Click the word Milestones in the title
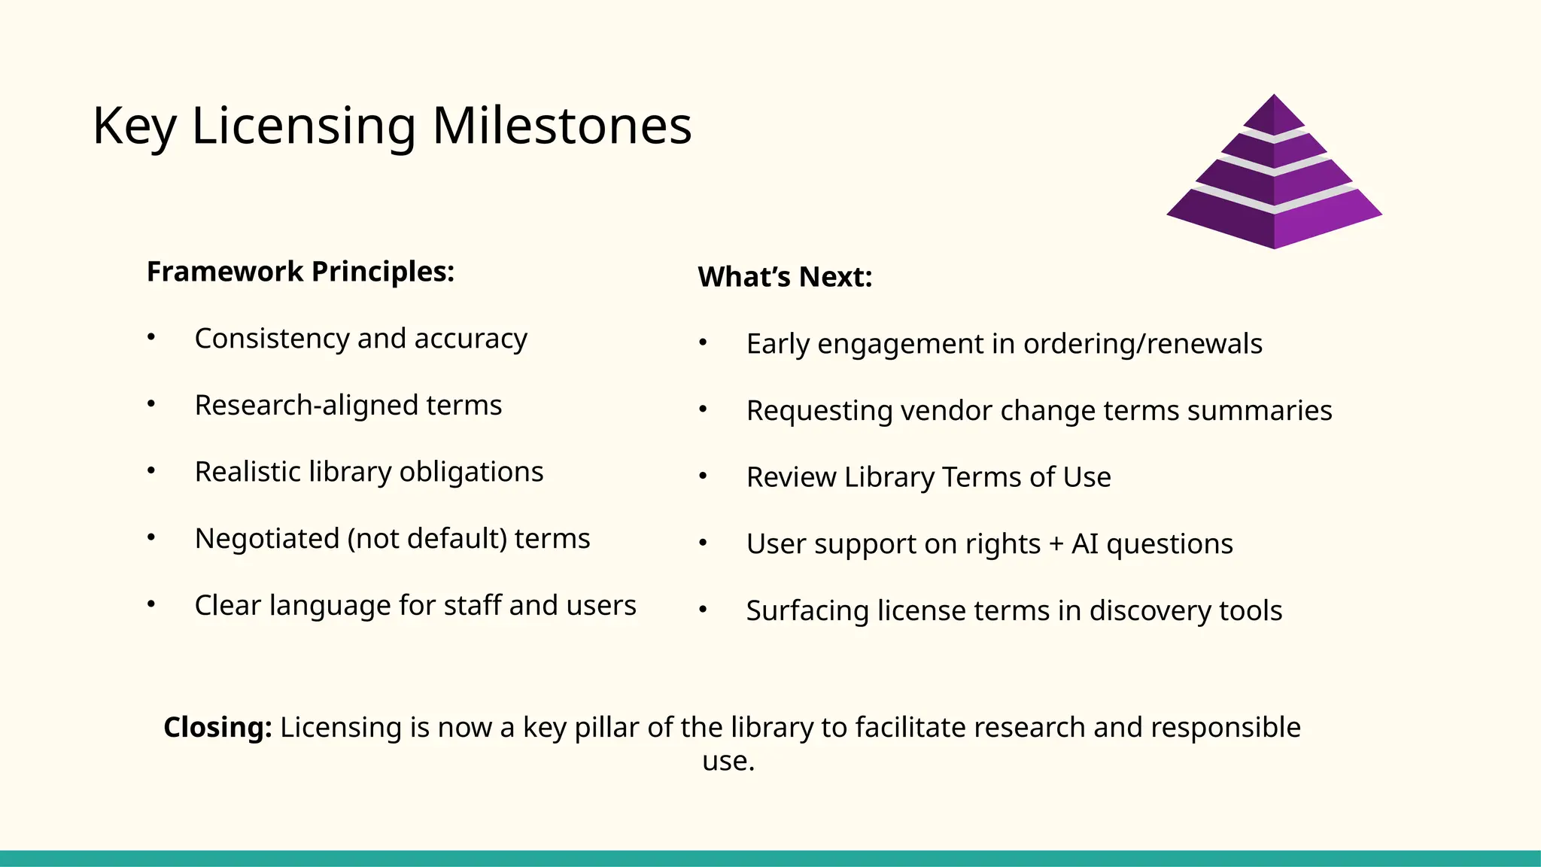tap(561, 126)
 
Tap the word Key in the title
tap(134, 126)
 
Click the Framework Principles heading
tap(300, 272)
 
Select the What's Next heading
tap(785, 277)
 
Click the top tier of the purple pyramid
tap(1274, 115)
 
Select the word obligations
tap(471, 472)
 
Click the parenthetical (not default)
tap(427, 539)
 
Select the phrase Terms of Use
tap(1026, 477)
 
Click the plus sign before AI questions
tap(1056, 544)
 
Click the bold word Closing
tap(217, 728)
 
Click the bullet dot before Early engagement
tap(703, 343)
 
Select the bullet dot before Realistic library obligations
tap(151, 470)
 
